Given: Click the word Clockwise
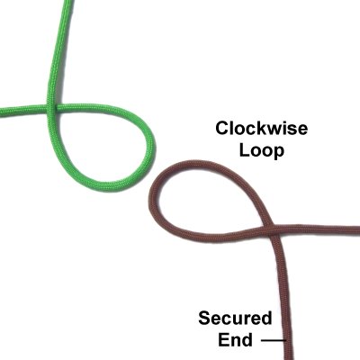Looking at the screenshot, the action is tap(261, 129).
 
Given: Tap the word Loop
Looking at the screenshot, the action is tap(261, 151).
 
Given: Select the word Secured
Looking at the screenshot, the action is tap(235, 319).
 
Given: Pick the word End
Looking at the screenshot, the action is tap(235, 340).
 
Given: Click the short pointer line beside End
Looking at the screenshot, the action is tap(273, 340).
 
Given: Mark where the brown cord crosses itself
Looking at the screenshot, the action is tap(273, 229).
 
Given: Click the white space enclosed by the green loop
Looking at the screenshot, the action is tap(99, 144).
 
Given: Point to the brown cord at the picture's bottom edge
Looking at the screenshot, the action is tap(289, 358).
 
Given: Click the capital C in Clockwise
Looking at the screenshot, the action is tap(222, 129).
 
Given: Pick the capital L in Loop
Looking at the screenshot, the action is tap(244, 150).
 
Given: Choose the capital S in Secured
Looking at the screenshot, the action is tap(205, 319).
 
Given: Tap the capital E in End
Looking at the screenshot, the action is tap(223, 340).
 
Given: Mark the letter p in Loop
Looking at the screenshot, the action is tap(278, 154).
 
